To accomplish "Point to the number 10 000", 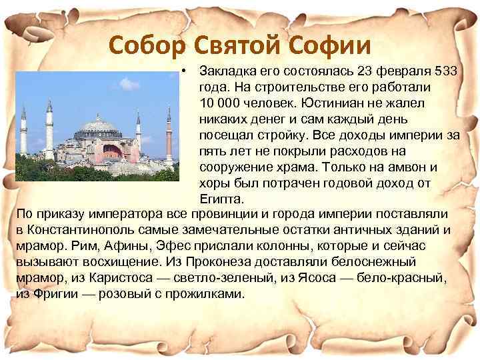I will point(219,103).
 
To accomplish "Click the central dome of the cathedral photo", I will point(98,126).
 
